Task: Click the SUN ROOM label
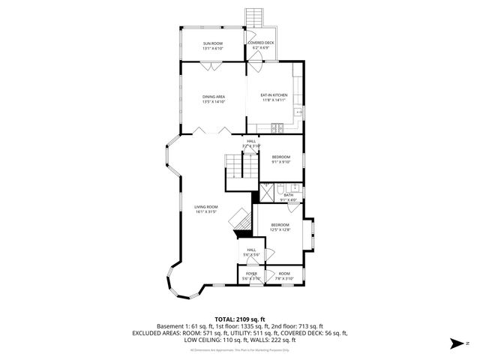[212, 43]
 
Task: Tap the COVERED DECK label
[260, 43]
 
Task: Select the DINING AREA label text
[213, 97]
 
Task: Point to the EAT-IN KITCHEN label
[274, 95]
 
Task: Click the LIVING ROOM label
[206, 207]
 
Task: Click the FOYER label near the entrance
[251, 274]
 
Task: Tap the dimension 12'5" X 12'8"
[280, 230]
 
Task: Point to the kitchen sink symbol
[298, 112]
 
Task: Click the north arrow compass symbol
[459, 343]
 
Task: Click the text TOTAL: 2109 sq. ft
[239, 319]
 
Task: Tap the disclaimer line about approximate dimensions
[239, 350]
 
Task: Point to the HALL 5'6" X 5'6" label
[250, 253]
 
